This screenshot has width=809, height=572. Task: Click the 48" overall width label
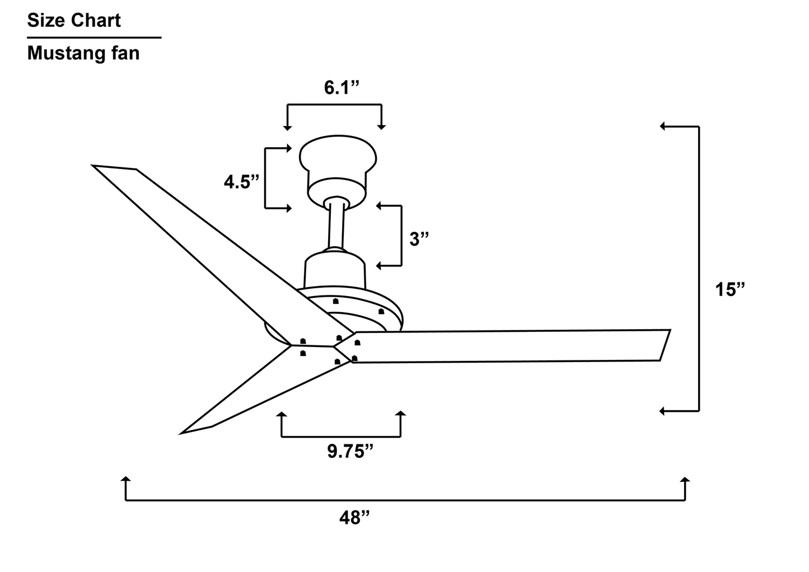tap(355, 518)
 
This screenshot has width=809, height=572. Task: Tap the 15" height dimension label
tap(731, 290)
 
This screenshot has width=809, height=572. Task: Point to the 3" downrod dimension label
tap(419, 239)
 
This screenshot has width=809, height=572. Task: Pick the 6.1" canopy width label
tap(341, 88)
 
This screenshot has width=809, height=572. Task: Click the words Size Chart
tap(74, 21)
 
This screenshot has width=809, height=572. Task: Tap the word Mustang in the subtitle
tap(64, 53)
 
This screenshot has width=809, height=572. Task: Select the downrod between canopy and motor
tap(336, 227)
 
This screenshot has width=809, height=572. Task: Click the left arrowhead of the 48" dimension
tap(126, 480)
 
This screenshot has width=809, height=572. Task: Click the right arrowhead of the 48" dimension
tap(685, 480)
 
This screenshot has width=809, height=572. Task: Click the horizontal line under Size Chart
tap(94, 37)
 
